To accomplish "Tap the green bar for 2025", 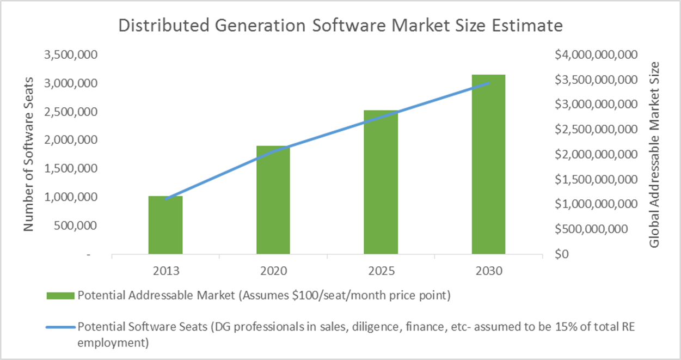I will pyautogui.click(x=381, y=182).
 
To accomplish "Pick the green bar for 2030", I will pyautogui.click(x=488, y=164).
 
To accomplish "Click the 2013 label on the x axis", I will pyautogui.click(x=165, y=271).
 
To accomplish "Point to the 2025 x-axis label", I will pyautogui.click(x=381, y=271).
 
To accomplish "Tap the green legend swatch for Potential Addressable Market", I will pyautogui.click(x=61, y=296).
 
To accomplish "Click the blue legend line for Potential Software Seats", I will pyautogui.click(x=61, y=327).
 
